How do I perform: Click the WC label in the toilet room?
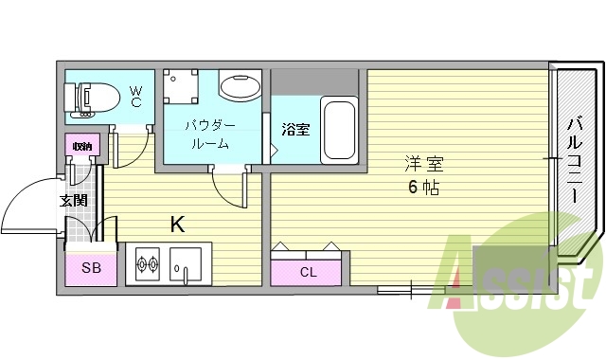tap(136, 95)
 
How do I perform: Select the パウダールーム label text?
tap(209, 134)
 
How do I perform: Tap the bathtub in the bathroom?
tap(338, 129)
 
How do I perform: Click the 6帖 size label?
tap(423, 186)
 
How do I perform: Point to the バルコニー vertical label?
tap(575, 161)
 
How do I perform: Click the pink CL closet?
tap(309, 272)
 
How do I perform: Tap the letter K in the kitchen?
tap(177, 225)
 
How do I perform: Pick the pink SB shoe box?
tap(91, 268)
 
